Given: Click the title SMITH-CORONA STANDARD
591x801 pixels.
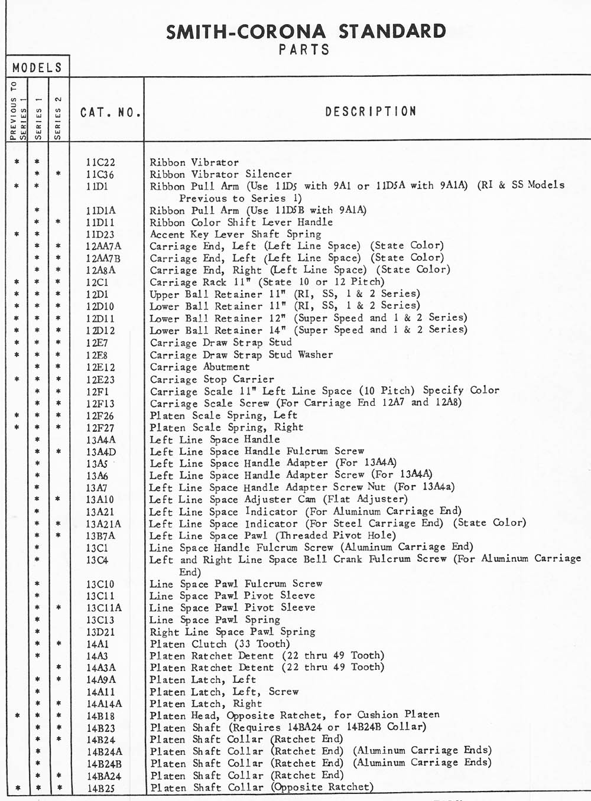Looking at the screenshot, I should click(306, 31).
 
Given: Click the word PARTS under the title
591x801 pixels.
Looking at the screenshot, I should click(304, 50).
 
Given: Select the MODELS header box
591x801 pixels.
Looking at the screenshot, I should click(37, 67).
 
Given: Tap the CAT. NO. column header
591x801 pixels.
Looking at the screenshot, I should click(111, 112).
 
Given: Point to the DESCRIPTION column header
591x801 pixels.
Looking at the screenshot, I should click(371, 111).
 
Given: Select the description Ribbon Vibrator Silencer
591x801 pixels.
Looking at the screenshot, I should click(220, 174).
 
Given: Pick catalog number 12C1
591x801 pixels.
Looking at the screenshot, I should click(98, 282).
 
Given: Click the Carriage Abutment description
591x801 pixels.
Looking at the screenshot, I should click(200, 367).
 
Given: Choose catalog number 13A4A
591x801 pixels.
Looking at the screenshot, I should click(100, 440).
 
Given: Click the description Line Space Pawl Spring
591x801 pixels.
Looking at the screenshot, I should click(215, 620).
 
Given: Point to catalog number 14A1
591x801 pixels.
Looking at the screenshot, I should click(98, 644).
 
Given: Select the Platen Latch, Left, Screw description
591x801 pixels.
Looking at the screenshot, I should click(224, 692).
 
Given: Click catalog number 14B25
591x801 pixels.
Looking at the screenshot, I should click(100, 788).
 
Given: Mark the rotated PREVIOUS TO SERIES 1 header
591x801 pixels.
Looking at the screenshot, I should click(17, 110).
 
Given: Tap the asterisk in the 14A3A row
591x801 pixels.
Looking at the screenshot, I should click(59, 668).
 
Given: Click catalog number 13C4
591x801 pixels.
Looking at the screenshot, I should click(97, 560).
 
